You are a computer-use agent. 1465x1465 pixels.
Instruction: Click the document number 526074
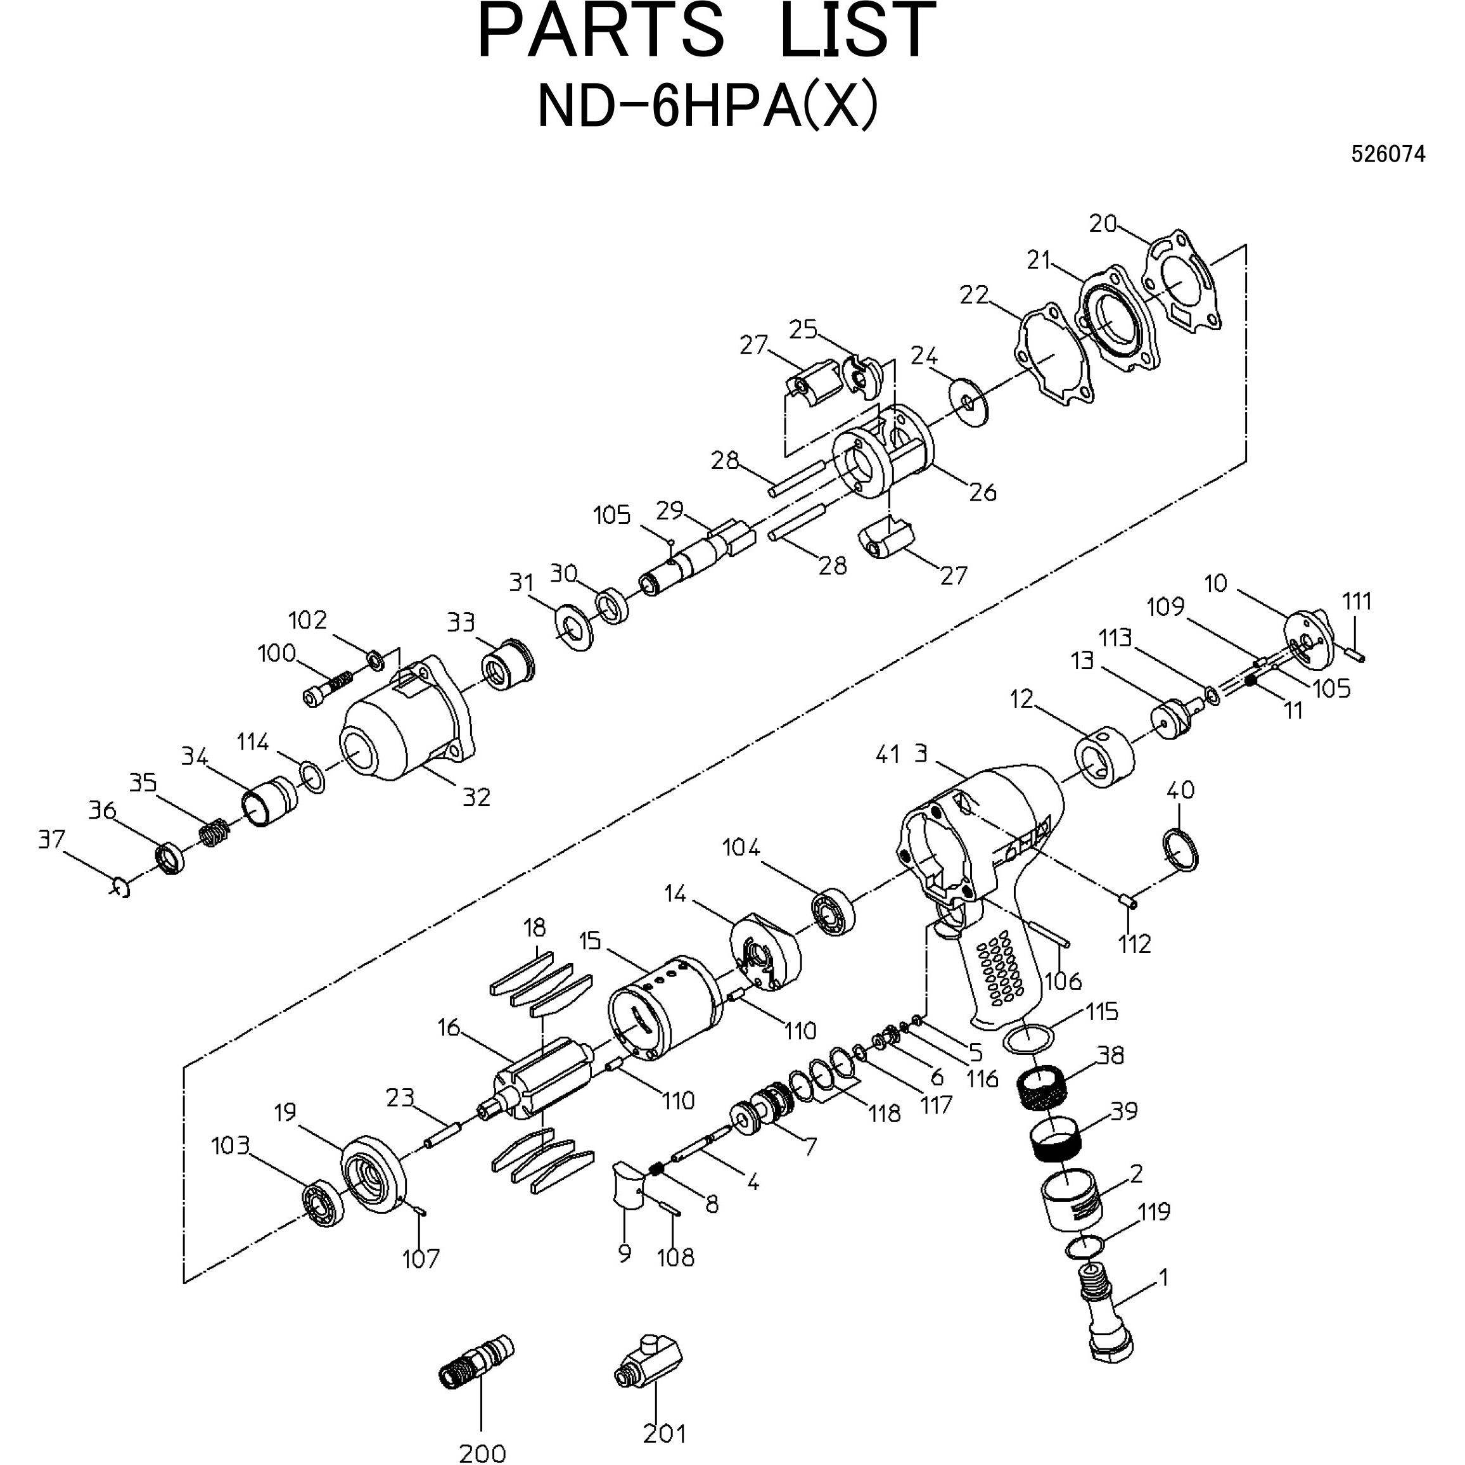1388,155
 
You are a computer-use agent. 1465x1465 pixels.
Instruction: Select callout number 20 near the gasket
1103,224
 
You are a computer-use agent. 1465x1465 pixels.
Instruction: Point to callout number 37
51,840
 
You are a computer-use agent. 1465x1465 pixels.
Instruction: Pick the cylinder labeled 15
663,1006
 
